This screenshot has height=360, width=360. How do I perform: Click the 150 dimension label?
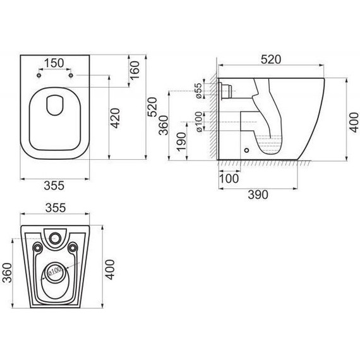pos(54,63)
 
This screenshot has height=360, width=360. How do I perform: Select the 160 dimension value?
pos(135,70)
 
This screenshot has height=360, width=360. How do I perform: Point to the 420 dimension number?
pos(115,118)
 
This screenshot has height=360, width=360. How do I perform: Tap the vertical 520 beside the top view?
pos(152,107)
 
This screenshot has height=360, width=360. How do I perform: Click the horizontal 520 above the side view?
pos(271,59)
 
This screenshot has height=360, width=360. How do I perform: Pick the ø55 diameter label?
pos(199,91)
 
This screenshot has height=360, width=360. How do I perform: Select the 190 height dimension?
pos(181,141)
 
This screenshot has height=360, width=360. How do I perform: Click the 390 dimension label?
pos(258,195)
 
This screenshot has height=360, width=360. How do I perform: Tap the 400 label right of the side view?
pos(355,123)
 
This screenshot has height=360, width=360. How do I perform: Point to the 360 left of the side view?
pos(164,125)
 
